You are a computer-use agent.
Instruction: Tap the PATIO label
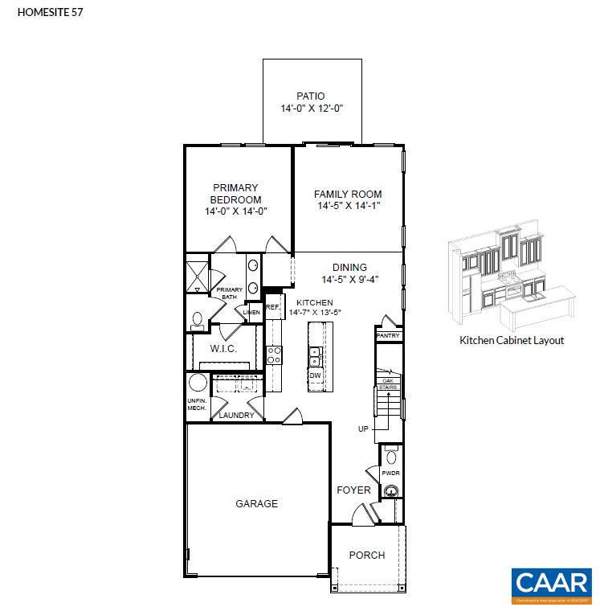(x=310, y=96)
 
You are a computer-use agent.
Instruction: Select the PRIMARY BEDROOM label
(x=235, y=194)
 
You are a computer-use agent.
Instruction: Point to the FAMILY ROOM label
(x=347, y=194)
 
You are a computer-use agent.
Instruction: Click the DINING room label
(x=349, y=268)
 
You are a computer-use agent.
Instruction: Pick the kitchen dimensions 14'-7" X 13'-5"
(x=316, y=312)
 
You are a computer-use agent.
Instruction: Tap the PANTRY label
(x=388, y=335)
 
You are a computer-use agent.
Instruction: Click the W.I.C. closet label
(x=222, y=349)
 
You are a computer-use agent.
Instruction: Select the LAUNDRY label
(x=236, y=415)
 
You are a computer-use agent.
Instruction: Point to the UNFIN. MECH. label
(x=197, y=404)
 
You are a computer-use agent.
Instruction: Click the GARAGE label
(x=256, y=504)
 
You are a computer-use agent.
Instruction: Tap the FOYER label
(x=353, y=490)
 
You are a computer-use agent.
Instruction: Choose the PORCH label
(x=366, y=555)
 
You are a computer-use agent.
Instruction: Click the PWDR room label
(x=390, y=474)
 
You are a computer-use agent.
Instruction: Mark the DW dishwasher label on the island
(x=315, y=375)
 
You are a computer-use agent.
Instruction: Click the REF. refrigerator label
(x=272, y=307)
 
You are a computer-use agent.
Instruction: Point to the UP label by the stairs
(x=363, y=429)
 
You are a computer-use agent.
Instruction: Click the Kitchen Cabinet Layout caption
(x=512, y=340)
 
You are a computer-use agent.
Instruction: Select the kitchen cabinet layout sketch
(x=511, y=277)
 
